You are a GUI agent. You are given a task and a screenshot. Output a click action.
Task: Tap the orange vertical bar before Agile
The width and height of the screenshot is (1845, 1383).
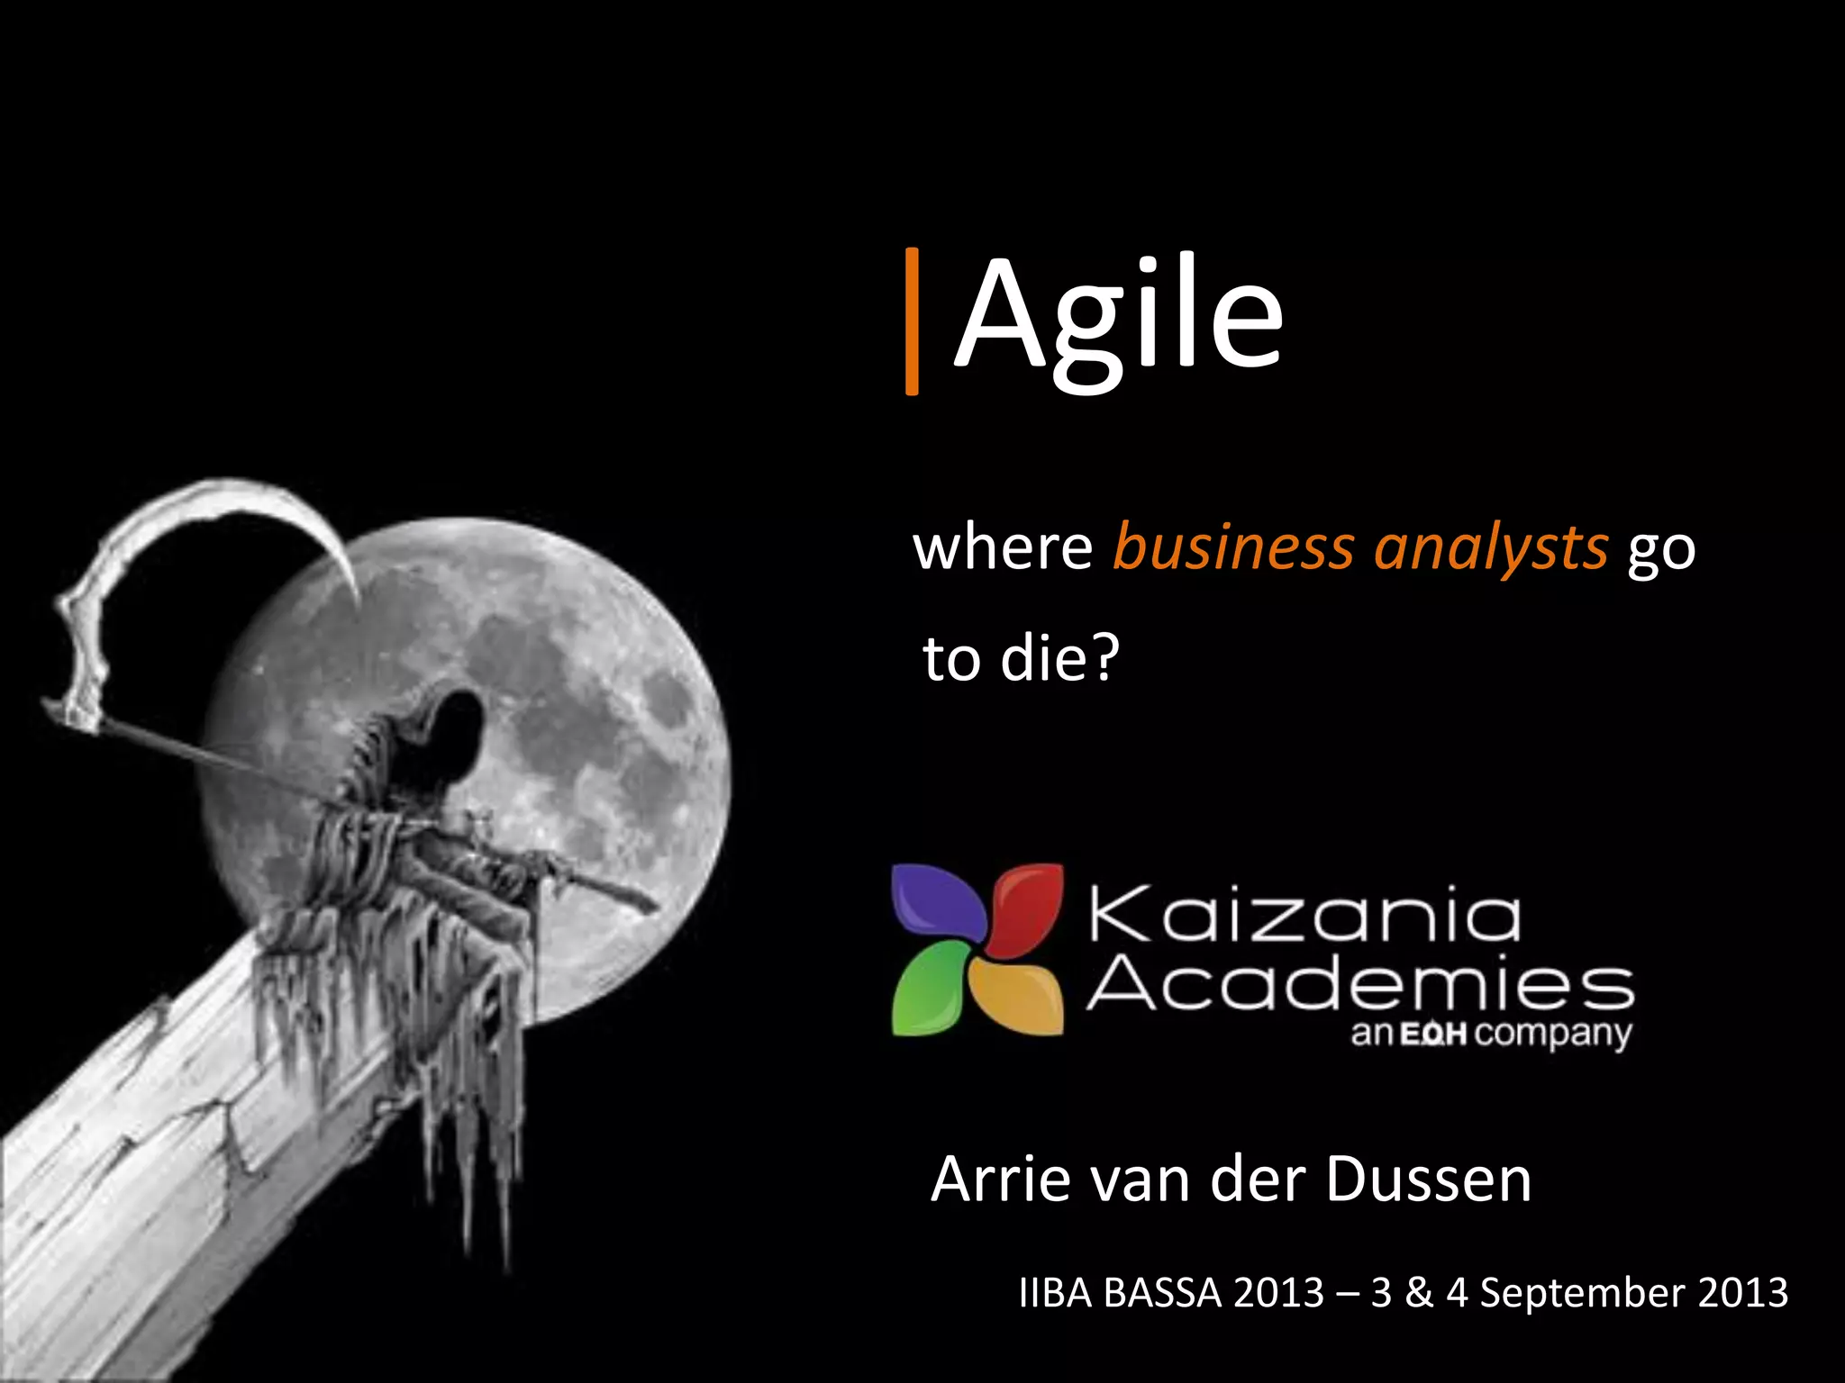coord(912,321)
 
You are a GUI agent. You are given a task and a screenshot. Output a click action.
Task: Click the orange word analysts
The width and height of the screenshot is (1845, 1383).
coord(1491,549)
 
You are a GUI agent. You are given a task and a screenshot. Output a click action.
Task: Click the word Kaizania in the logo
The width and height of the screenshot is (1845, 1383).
coord(1304,915)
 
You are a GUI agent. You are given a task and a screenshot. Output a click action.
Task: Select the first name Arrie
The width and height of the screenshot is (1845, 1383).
coord(1000,1180)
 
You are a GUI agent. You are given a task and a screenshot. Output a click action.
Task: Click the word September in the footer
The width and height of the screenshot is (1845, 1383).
coord(1582,1293)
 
